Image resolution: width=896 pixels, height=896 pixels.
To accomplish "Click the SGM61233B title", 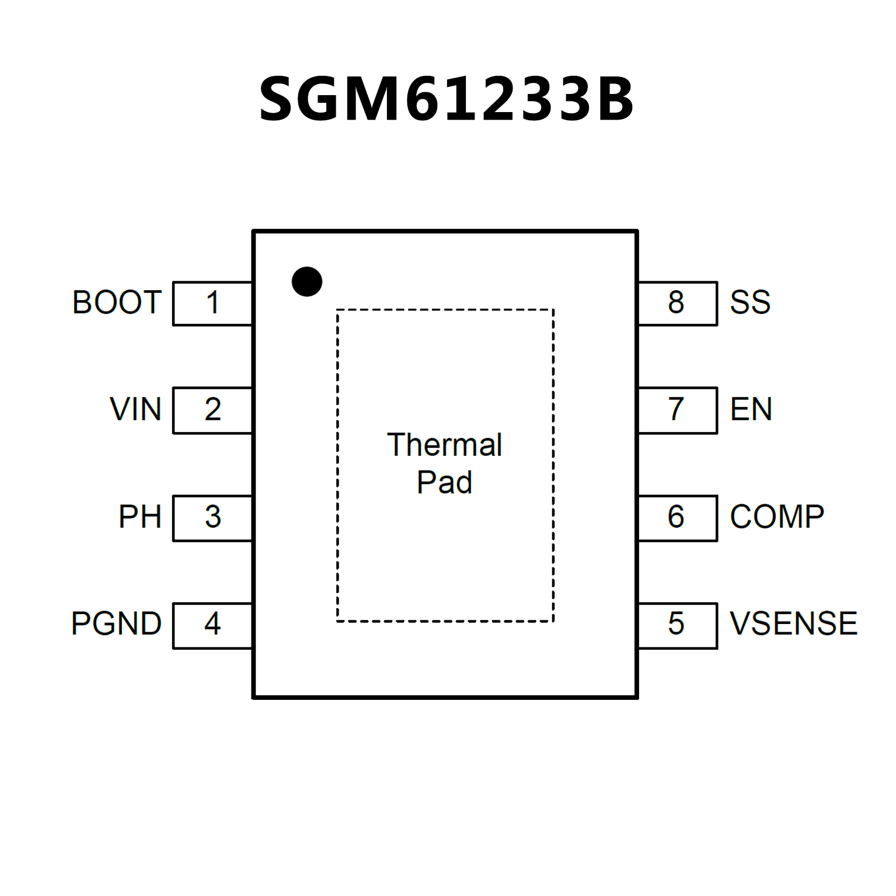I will click(x=447, y=99).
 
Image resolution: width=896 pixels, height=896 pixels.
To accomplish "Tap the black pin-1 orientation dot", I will click(x=307, y=281).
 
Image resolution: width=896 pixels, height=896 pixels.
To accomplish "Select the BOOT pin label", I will click(x=117, y=302).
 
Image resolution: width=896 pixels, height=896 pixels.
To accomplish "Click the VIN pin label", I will click(x=135, y=409).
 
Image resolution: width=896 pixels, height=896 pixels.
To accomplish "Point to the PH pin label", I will click(x=140, y=517).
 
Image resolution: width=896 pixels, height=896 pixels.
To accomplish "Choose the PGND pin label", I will click(x=116, y=623).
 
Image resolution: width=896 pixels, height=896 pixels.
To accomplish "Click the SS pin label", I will click(x=750, y=302).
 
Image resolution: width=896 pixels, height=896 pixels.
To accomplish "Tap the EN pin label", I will click(x=751, y=409).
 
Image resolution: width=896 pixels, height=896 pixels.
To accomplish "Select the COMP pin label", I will click(x=777, y=517).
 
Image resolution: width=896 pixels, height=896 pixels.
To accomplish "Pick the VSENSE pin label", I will click(x=793, y=623).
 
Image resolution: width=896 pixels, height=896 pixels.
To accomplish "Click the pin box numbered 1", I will click(x=212, y=303).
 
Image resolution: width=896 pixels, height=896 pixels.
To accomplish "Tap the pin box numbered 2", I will click(x=212, y=410).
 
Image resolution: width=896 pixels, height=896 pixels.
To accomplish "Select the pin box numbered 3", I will click(x=212, y=518).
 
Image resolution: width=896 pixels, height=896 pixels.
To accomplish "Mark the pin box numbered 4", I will click(x=212, y=625).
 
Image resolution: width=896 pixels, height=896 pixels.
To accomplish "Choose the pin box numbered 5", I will click(x=677, y=625).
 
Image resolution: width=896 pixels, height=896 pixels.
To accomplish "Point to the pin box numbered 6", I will click(x=677, y=518).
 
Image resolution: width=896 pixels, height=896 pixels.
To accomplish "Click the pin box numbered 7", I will click(x=677, y=410).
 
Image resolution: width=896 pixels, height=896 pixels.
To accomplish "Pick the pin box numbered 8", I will click(x=677, y=303).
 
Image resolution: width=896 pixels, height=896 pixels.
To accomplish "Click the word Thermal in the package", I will click(x=444, y=445).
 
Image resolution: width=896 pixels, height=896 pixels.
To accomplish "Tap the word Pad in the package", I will click(x=444, y=482).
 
